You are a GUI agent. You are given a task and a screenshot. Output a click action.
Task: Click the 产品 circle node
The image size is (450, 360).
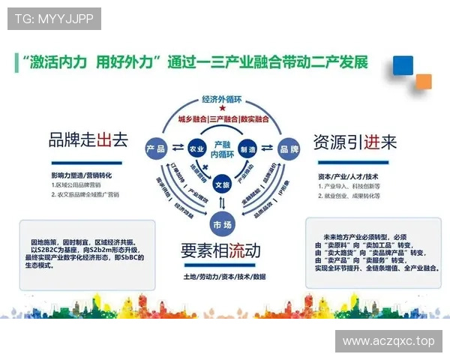point(157,148)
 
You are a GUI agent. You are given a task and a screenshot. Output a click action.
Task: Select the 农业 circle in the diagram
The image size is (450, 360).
point(196,148)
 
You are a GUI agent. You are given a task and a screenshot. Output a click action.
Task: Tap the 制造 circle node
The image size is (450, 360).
point(248,148)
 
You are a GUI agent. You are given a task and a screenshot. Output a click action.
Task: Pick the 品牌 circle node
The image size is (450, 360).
point(289,148)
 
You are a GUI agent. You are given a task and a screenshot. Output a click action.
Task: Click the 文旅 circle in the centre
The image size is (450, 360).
point(222,183)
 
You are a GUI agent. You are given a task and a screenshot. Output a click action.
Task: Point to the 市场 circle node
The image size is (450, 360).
point(222,224)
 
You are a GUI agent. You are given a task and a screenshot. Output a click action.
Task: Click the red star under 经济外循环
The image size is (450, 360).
point(223,109)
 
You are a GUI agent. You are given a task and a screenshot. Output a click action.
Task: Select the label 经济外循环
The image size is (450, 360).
point(223,100)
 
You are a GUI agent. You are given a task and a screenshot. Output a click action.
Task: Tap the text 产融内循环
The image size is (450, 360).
point(222,148)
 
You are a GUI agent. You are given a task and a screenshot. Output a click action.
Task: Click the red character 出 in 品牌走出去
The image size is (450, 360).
point(104,140)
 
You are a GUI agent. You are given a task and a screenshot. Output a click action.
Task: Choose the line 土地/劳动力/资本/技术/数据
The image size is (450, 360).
point(224,277)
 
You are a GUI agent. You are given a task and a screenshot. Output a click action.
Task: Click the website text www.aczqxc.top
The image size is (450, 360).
point(388,341)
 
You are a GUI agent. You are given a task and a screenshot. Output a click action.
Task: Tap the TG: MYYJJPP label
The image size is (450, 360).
point(54,19)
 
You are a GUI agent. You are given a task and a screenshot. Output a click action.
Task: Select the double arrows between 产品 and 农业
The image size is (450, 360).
point(177,148)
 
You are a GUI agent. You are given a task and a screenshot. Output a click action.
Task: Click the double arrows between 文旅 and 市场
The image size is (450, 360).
point(222,203)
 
